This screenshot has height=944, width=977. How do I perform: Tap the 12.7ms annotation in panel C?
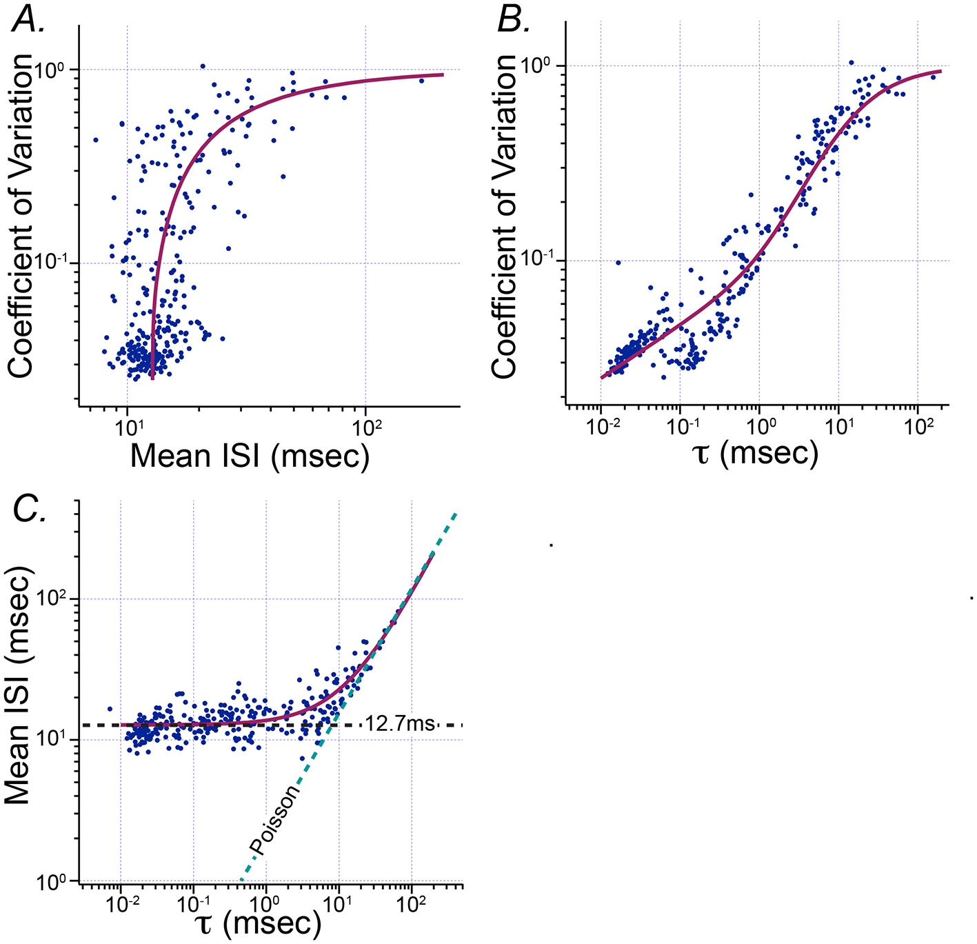(400, 723)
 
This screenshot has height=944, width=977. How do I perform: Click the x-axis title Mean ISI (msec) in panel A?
(250, 456)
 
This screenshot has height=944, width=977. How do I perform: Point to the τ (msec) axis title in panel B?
(756, 453)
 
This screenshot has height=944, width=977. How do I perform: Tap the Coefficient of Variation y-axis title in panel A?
(21, 215)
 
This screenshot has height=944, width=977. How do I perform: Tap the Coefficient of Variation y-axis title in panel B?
(505, 215)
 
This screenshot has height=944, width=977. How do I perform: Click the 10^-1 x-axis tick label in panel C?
(193, 902)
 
